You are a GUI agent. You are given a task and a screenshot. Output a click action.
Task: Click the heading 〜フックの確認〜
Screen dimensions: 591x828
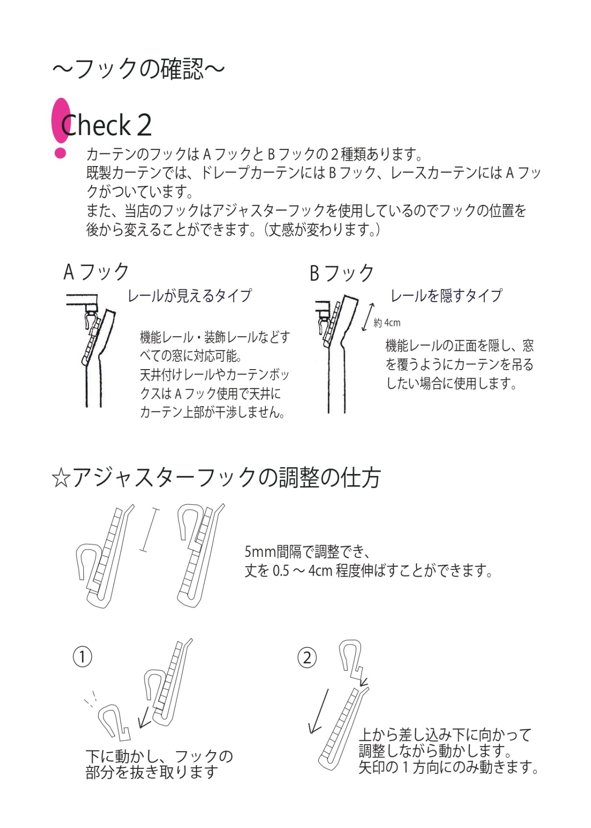click(138, 69)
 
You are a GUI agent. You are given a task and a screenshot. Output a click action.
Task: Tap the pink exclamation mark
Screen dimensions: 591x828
click(61, 128)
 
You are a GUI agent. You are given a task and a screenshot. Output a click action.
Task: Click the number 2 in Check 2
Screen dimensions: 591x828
click(145, 125)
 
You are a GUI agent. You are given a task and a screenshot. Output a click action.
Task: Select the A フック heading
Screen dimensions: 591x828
click(96, 272)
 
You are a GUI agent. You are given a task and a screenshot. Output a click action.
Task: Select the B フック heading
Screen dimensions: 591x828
click(341, 273)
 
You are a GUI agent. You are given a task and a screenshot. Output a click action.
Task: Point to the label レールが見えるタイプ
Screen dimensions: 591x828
click(190, 296)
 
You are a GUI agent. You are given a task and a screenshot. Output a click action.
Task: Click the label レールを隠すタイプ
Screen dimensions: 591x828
click(446, 296)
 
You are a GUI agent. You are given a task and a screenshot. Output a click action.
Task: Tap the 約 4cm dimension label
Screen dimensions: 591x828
click(387, 323)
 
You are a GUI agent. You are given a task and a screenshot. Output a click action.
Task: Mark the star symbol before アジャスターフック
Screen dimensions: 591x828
click(61, 478)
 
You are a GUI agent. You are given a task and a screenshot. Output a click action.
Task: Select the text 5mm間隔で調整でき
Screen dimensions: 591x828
click(308, 552)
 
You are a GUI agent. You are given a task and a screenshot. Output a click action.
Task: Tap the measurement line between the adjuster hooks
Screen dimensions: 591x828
click(149, 530)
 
